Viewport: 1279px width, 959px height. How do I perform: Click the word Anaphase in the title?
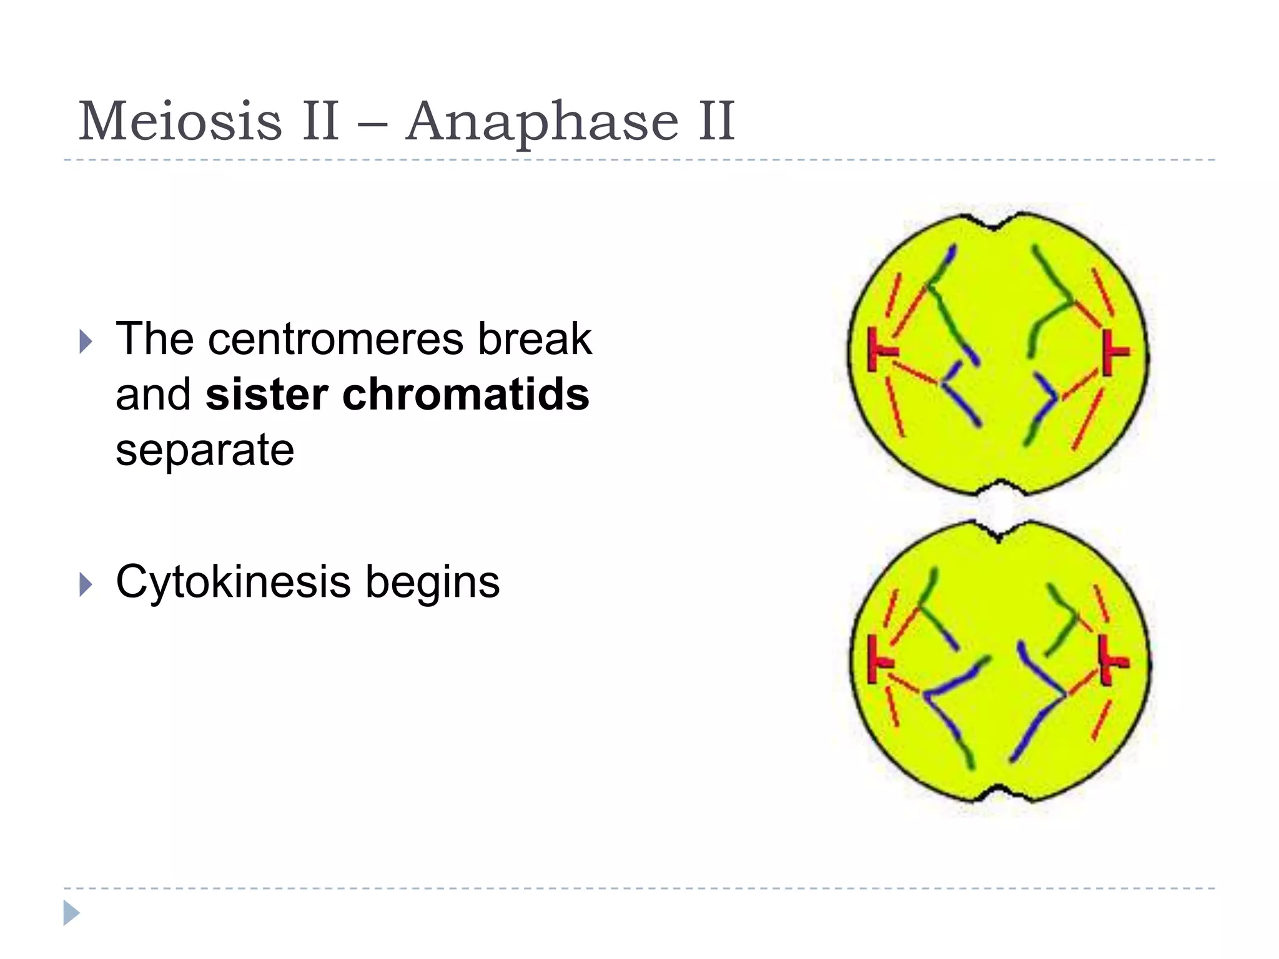[x=542, y=122]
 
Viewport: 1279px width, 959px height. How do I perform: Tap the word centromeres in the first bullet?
[x=336, y=340]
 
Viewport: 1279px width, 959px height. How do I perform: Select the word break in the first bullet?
[x=535, y=340]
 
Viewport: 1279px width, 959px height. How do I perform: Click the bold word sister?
[x=267, y=395]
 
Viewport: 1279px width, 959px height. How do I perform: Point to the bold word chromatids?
[x=465, y=395]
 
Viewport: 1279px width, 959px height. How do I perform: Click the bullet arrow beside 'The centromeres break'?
[x=86, y=342]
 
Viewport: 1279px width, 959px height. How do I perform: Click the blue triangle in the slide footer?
[x=71, y=913]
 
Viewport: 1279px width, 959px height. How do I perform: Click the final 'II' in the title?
[x=716, y=121]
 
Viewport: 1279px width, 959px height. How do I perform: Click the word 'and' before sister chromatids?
[x=153, y=395]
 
